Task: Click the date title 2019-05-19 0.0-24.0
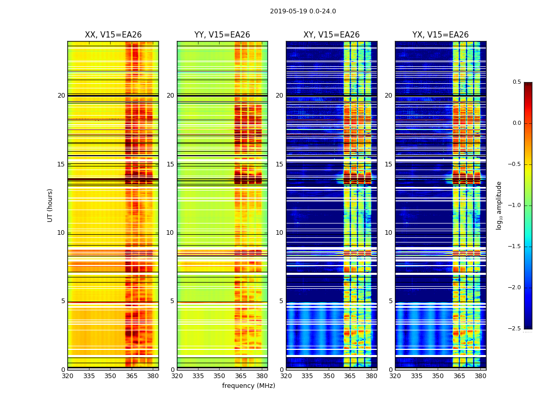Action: pos(303,11)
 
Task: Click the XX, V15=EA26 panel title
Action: pos(113,35)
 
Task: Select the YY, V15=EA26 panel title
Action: pos(222,35)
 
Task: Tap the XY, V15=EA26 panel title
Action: pos(331,35)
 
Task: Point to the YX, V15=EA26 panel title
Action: pos(440,35)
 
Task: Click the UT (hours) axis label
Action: pos(50,205)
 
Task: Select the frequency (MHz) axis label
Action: pos(248,386)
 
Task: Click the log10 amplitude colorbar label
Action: pos(499,205)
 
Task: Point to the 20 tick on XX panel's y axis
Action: pos(61,96)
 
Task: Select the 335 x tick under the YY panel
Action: pos(198,376)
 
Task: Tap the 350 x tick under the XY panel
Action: pos(329,376)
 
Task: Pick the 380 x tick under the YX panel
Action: pos(480,376)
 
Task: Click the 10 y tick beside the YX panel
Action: pos(388,233)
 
